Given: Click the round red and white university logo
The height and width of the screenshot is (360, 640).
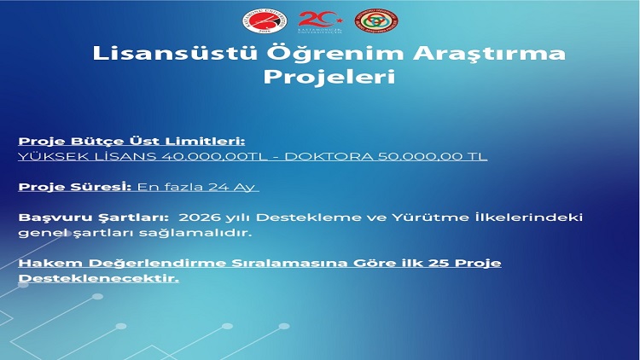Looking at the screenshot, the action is click(265, 21).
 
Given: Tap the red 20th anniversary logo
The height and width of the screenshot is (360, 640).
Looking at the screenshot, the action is click(320, 21).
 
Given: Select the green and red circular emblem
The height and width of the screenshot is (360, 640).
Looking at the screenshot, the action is click(376, 21).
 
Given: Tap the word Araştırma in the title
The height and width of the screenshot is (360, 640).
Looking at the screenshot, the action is click(489, 54).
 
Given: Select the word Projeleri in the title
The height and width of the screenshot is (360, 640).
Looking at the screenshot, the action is click(329, 77).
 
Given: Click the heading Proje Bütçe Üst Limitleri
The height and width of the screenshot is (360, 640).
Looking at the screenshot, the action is click(131, 142).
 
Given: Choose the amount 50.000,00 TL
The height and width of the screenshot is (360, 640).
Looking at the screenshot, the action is click(433, 156).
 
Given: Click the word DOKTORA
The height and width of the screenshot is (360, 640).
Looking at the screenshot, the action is click(329, 156).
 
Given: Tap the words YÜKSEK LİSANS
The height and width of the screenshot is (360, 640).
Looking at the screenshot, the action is click(87, 156).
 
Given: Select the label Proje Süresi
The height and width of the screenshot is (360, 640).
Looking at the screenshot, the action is click(75, 187).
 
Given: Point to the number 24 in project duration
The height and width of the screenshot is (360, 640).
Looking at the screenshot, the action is click(218, 187).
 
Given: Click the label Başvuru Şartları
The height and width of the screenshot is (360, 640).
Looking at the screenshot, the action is click(94, 218).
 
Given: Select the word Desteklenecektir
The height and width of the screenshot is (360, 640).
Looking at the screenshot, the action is click(99, 278).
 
